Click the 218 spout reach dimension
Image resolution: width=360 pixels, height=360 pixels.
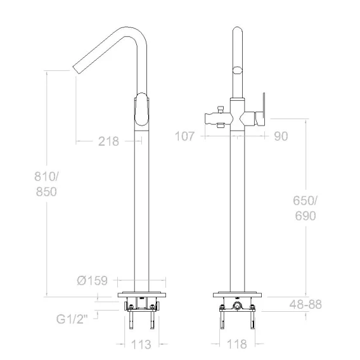point(108,141)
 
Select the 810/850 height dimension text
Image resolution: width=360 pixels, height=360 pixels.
point(46,184)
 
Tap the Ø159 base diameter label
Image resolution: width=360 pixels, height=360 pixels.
point(93,280)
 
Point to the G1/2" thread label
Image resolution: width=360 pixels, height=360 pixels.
point(72,319)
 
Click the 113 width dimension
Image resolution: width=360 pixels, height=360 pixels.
point(141,344)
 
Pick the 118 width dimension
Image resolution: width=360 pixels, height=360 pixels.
point(237,344)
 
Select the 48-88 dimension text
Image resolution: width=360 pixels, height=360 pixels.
point(305,304)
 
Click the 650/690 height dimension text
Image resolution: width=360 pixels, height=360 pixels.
point(305,209)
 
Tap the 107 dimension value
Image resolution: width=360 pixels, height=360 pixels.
point(185,136)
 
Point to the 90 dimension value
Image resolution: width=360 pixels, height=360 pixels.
point(281,136)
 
